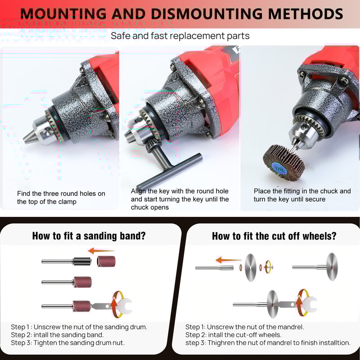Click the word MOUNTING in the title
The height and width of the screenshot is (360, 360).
click(x=63, y=14)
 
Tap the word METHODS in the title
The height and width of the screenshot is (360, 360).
click(x=306, y=14)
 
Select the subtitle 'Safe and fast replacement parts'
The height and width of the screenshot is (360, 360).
click(x=180, y=36)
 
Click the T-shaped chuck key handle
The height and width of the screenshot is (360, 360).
click(x=169, y=171)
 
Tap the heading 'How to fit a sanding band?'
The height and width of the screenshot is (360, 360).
click(x=89, y=236)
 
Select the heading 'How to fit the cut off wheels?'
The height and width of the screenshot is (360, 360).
click(x=274, y=236)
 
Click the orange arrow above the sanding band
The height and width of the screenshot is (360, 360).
click(x=100, y=251)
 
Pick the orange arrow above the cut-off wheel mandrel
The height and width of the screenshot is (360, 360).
click(x=228, y=260)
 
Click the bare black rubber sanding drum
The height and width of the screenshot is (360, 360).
click(x=82, y=261)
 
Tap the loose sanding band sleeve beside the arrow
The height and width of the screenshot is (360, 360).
click(x=106, y=261)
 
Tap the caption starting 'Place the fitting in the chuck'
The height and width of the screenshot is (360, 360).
click(x=302, y=195)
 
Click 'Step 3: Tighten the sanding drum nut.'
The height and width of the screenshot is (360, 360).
click(x=68, y=343)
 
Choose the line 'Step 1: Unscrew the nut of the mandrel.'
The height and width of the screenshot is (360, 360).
click(x=245, y=327)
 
